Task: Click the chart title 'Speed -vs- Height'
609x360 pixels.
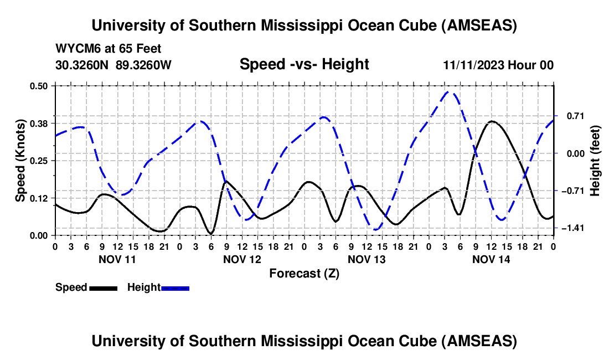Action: pos(304,64)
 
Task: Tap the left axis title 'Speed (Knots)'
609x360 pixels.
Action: pos(20,161)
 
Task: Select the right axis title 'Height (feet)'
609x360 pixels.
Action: pos(595,161)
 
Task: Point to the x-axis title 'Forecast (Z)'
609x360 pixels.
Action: pos(304,273)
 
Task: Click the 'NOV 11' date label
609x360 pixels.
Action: pos(117,259)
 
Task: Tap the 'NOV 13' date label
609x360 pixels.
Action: pos(366,259)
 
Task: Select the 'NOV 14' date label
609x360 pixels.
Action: pos(491,259)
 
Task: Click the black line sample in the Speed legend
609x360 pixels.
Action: pos(103,287)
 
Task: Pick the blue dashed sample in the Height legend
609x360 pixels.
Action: pos(176,287)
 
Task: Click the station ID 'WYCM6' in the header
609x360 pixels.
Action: pos(75,49)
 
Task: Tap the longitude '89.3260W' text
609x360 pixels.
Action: pos(144,65)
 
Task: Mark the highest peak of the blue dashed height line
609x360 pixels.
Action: pos(451,92)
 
